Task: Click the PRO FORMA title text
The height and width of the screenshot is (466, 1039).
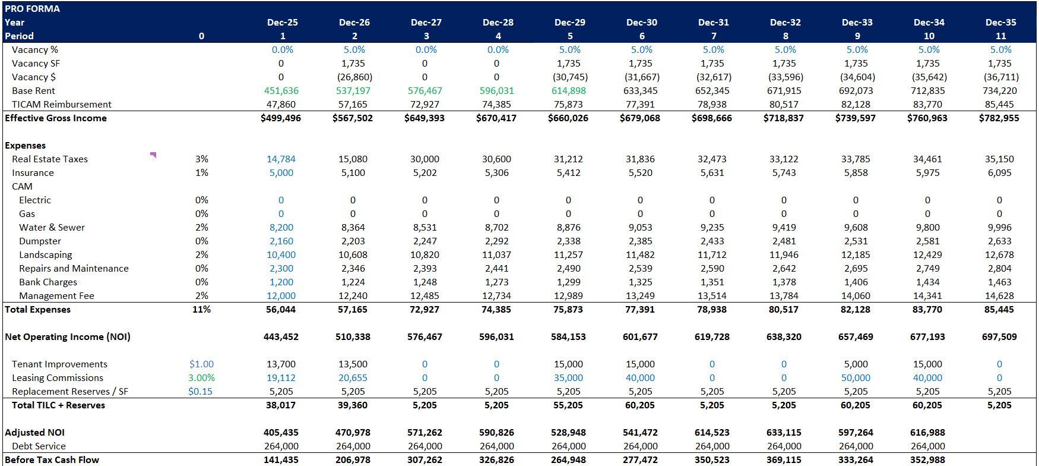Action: point(32,9)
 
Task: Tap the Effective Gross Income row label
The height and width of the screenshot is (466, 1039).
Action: point(56,118)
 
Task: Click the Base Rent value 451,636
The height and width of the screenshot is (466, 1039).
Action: point(281,91)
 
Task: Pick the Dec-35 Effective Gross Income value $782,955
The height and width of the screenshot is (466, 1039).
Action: point(999,118)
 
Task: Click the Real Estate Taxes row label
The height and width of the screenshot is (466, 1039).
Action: point(50,159)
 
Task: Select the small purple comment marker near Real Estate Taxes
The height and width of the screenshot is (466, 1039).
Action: point(153,155)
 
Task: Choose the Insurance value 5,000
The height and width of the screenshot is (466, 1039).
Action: point(281,173)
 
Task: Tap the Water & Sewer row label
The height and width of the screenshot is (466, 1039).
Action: point(52,228)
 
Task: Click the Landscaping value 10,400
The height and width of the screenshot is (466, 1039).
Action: point(281,255)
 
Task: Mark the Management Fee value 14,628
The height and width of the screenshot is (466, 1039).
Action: point(999,296)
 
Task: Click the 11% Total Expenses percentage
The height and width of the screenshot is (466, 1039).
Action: point(201,310)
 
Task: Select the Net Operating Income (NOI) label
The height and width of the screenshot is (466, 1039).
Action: point(68,337)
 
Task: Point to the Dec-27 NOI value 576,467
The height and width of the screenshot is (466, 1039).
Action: point(425,337)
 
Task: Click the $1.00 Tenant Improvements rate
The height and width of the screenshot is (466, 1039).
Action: point(201,364)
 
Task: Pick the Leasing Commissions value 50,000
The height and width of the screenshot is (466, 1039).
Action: point(856,378)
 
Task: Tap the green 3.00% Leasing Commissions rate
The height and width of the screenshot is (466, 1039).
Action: point(201,378)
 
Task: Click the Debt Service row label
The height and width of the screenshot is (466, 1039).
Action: point(39,446)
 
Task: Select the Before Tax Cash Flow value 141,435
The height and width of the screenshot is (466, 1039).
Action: point(281,460)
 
